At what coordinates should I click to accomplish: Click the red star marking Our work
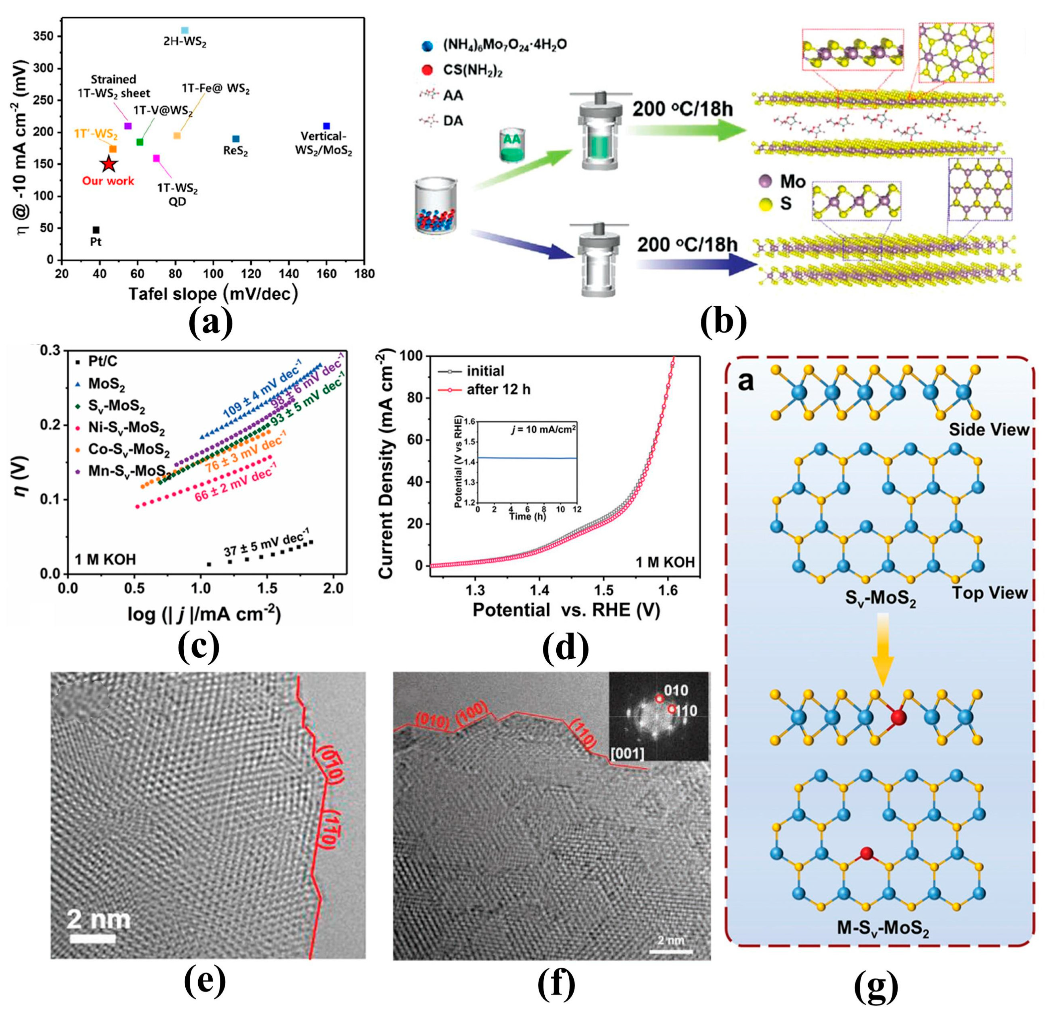(x=109, y=164)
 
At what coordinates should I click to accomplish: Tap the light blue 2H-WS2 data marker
(x=185, y=30)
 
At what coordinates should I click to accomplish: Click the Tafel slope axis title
(x=213, y=293)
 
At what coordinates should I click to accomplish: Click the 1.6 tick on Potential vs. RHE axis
(x=669, y=590)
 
